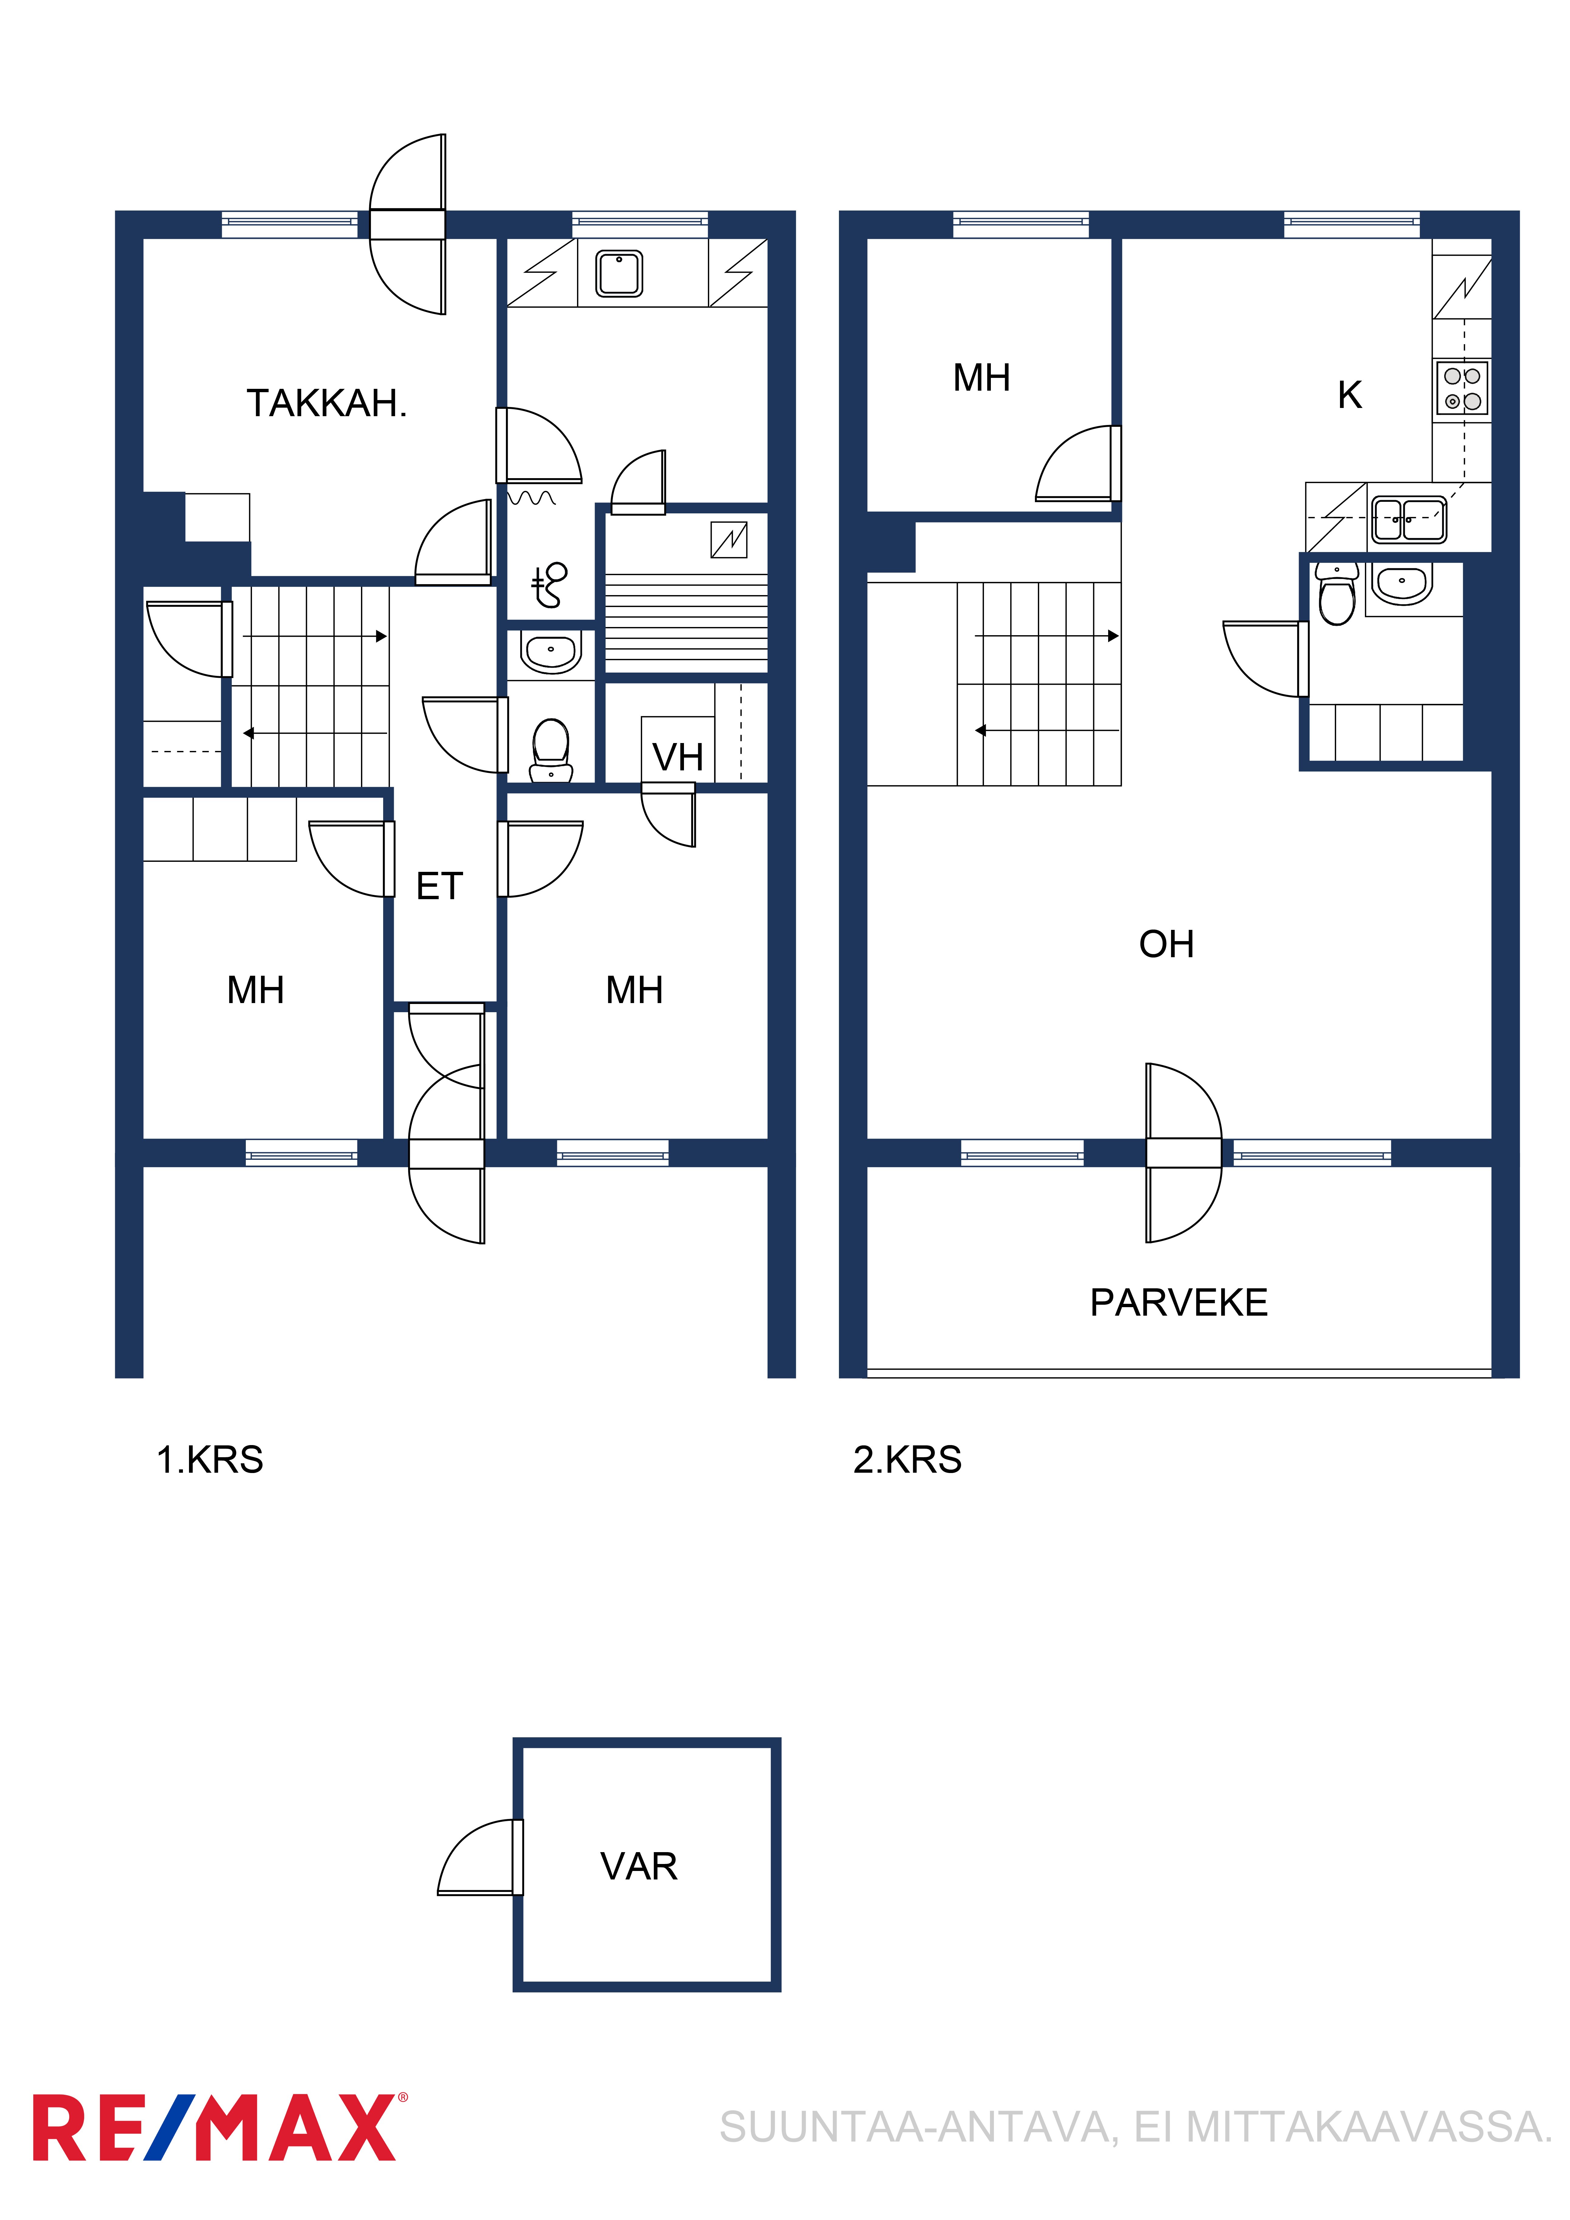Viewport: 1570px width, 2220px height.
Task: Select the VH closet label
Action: [677, 757]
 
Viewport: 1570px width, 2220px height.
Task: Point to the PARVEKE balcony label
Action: [1178, 1302]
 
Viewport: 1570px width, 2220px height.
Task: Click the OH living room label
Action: [1166, 944]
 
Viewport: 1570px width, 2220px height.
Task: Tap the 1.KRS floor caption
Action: [210, 1459]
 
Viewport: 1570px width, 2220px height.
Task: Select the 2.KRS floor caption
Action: [907, 1459]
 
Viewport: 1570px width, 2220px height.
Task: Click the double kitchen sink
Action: [1408, 519]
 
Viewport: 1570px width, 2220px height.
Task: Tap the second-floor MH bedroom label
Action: [982, 378]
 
